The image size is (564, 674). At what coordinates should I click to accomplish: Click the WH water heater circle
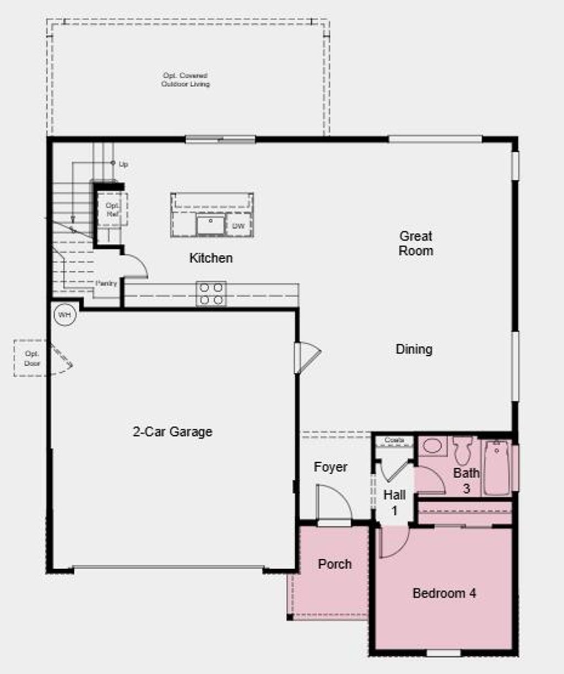[x=65, y=315]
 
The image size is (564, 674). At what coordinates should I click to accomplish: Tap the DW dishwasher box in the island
[x=238, y=226]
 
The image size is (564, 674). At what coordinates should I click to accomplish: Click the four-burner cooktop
[x=211, y=294]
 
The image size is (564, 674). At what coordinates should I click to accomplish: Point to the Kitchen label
[x=211, y=258]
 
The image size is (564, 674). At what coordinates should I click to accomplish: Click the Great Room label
[x=416, y=243]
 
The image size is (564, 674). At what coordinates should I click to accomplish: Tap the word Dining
[x=414, y=349]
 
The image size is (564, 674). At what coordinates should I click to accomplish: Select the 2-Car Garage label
[x=172, y=432]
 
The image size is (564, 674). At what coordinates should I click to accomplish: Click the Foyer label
[x=330, y=467]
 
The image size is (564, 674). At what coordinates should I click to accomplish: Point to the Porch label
[x=334, y=564]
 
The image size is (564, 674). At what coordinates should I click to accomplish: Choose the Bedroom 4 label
[x=444, y=593]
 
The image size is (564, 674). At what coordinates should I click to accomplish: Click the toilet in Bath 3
[x=463, y=450]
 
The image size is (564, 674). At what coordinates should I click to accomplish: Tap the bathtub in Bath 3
[x=497, y=468]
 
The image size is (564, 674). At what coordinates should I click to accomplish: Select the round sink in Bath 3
[x=432, y=446]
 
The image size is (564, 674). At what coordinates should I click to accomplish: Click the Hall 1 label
[x=394, y=502]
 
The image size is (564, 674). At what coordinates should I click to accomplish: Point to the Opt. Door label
[x=32, y=359]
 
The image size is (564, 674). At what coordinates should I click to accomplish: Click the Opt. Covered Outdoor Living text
[x=186, y=79]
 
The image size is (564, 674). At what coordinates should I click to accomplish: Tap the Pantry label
[x=106, y=283]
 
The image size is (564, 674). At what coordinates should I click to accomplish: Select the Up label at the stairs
[x=123, y=164]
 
